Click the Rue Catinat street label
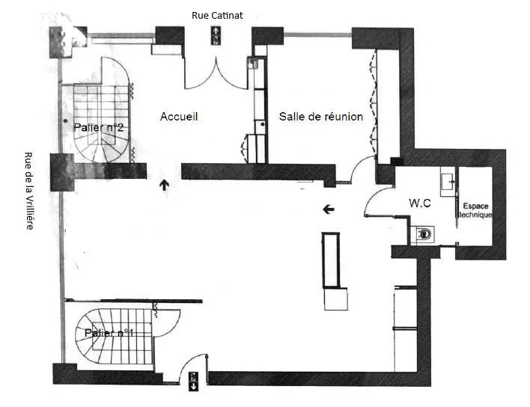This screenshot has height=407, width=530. (217, 16)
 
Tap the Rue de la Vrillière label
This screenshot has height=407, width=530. (30, 191)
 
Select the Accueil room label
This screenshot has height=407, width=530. (179, 117)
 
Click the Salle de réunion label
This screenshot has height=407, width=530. (321, 117)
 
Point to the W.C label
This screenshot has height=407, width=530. (420, 203)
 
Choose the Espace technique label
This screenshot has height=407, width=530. (475, 210)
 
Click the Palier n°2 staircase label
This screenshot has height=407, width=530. (98, 128)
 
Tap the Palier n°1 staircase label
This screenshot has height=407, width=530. (109, 333)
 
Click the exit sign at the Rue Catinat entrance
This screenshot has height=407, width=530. (216, 36)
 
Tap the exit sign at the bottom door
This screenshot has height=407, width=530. (193, 382)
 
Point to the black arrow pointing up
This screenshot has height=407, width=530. (165, 185)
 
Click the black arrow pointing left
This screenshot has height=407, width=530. (329, 209)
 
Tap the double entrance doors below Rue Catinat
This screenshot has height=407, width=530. (216, 74)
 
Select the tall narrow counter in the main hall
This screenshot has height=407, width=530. (331, 260)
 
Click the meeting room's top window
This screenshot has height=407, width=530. (317, 34)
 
